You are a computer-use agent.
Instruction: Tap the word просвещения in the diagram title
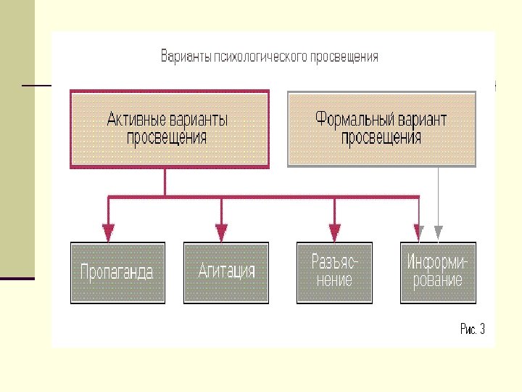[x=344, y=57]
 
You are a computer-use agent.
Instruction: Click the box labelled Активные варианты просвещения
[x=169, y=129]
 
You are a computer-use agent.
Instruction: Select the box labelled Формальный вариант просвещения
[x=381, y=129]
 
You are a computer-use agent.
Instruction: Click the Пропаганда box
[x=117, y=272]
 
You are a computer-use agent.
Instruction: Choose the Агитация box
[x=226, y=272]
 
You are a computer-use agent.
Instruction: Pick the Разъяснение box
[x=334, y=272]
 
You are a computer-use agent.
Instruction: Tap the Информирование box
[x=439, y=272]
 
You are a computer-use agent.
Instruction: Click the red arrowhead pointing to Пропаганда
[x=108, y=232]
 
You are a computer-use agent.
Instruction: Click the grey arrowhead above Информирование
[x=438, y=232]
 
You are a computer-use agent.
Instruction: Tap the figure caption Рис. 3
[x=473, y=330]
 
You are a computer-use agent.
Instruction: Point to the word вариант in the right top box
[x=423, y=119]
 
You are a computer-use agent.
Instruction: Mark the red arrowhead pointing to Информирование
[x=419, y=232]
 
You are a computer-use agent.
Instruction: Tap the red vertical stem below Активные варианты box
[x=165, y=181]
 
